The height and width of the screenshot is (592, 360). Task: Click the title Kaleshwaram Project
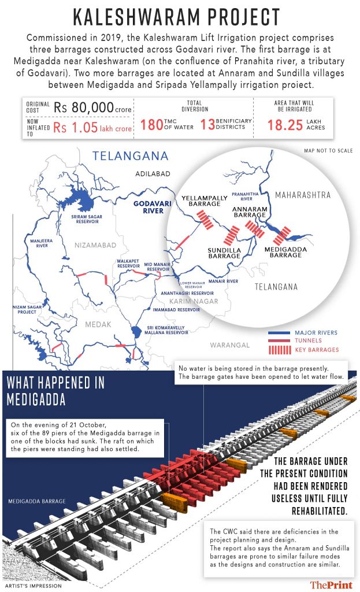tap(180, 17)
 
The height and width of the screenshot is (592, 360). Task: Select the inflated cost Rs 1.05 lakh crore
tap(92, 128)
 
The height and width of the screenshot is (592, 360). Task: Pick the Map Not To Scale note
tap(328, 151)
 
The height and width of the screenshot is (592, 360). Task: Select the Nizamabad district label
tap(95, 246)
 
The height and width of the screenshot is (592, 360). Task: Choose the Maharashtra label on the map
tap(303, 195)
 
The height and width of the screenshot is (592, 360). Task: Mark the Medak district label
tap(98, 325)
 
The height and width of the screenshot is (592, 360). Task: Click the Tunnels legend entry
tap(308, 341)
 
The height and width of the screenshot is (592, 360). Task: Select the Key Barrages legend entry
tap(316, 350)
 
